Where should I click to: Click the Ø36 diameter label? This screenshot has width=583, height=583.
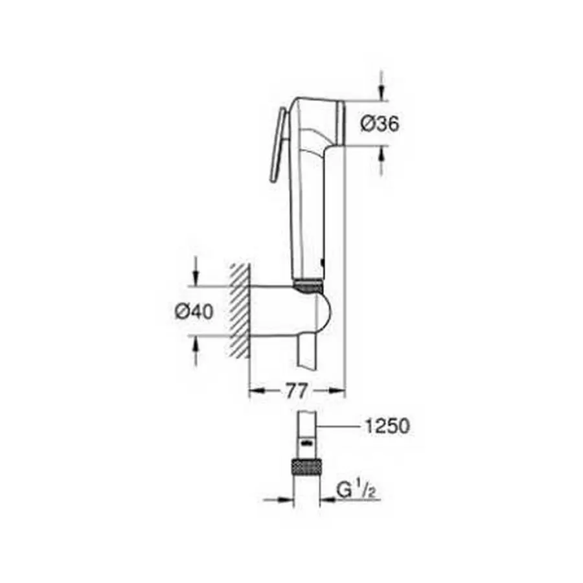[x=379, y=124]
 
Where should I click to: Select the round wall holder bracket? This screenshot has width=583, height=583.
[x=291, y=311]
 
